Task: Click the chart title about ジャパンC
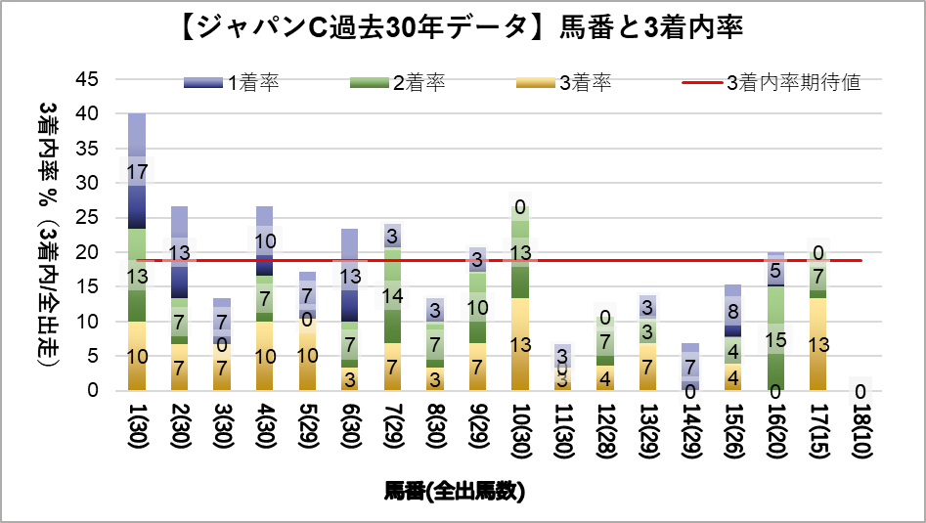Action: [463, 28]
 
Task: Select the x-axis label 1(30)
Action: [137, 425]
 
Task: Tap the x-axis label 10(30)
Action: [521, 427]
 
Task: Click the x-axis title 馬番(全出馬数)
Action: [456, 492]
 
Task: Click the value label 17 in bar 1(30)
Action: [138, 171]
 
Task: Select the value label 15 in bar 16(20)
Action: [776, 339]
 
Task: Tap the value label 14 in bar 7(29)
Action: [393, 296]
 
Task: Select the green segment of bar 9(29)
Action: [478, 307]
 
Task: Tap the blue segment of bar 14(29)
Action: [691, 367]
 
